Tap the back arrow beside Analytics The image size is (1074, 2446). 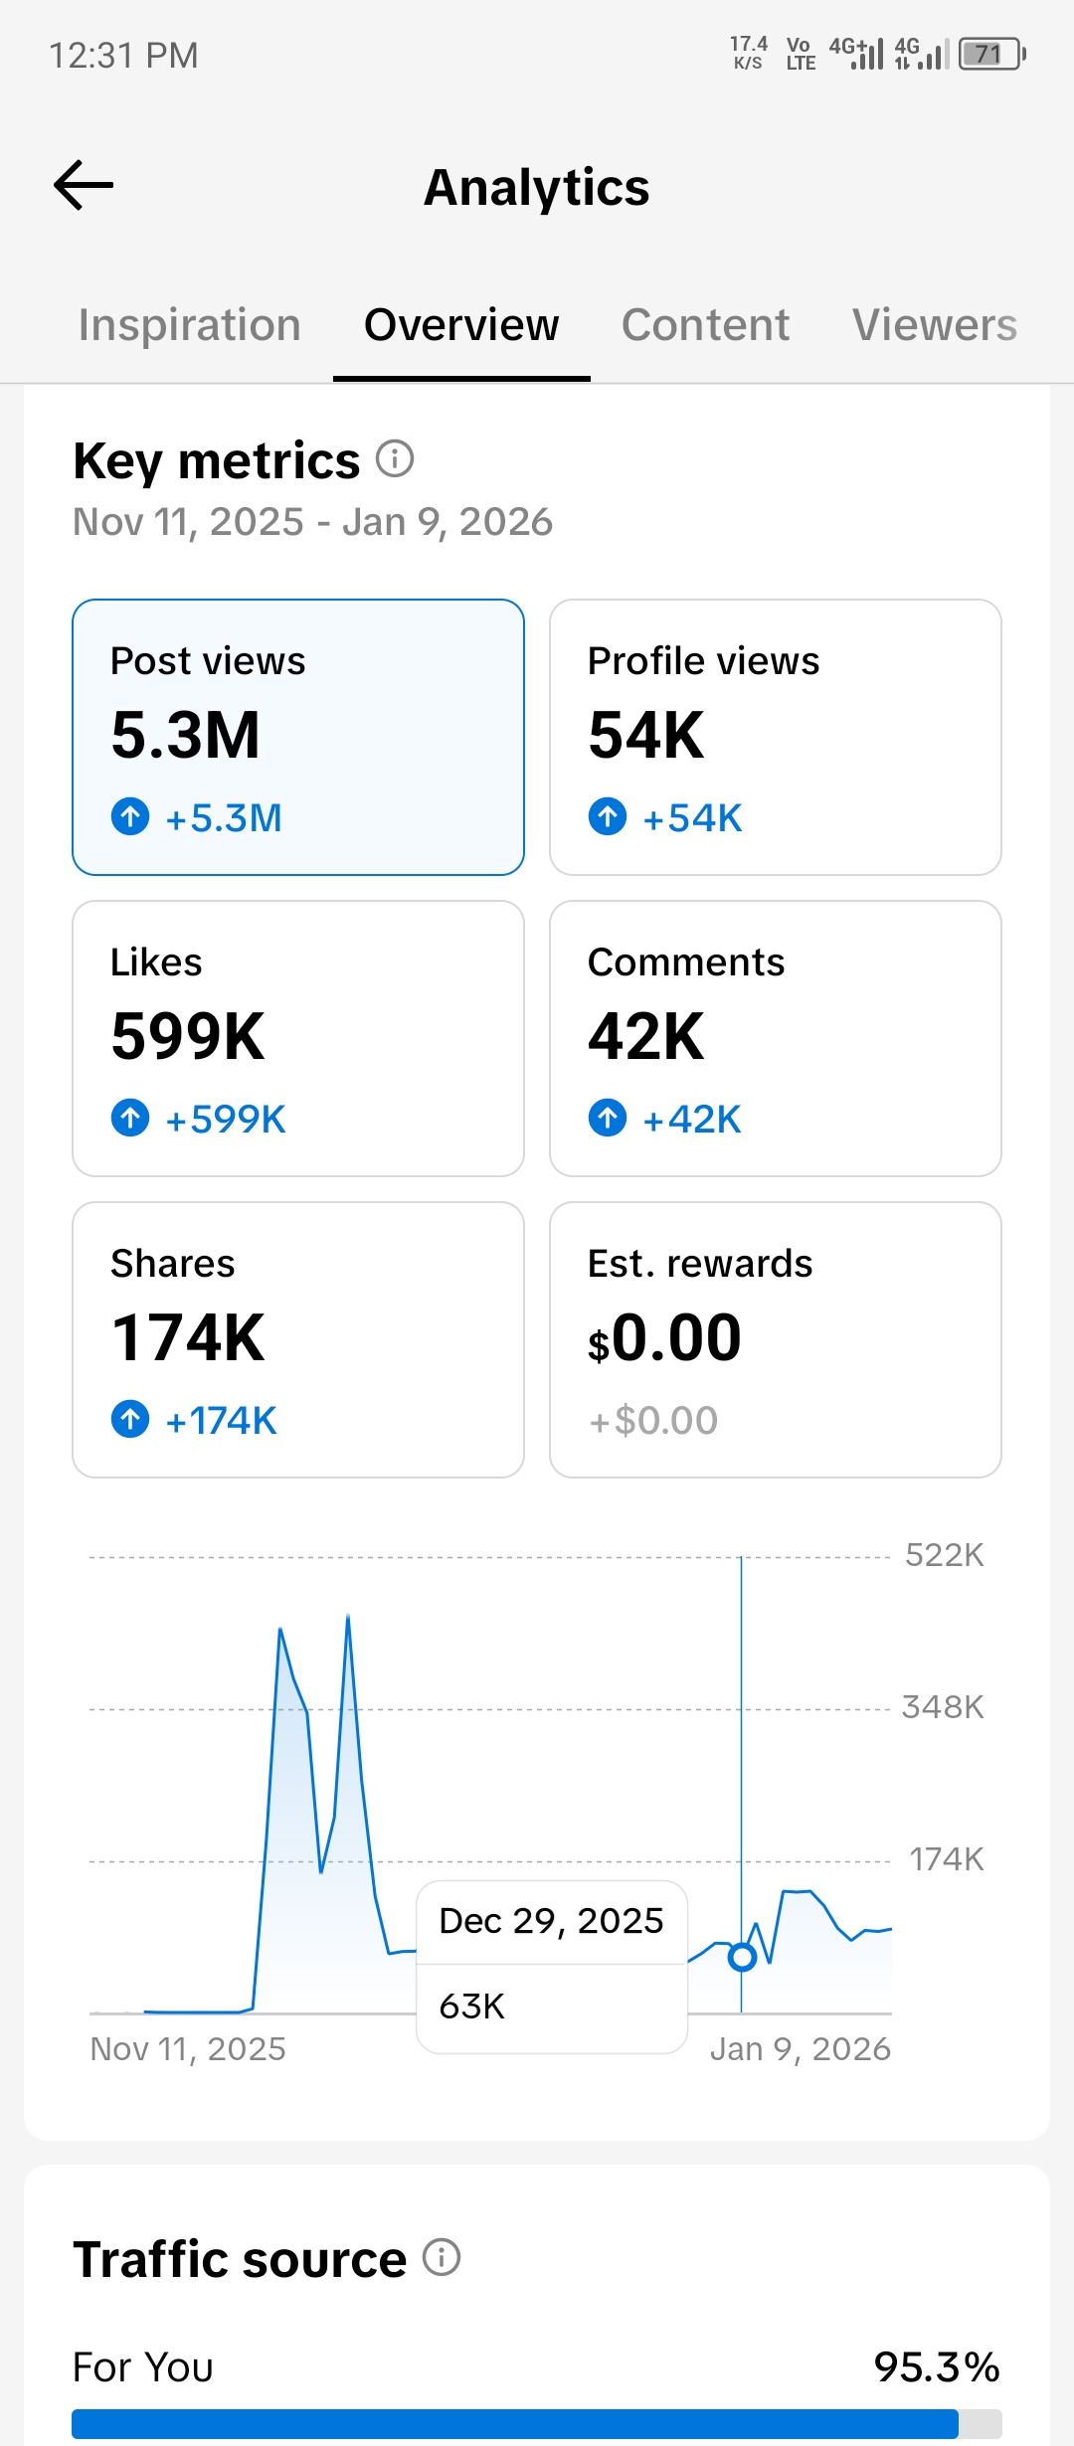point(84,186)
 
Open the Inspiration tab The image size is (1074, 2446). point(189,325)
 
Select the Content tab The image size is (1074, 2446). point(705,325)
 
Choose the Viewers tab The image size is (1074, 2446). point(934,325)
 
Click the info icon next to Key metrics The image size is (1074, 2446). point(395,459)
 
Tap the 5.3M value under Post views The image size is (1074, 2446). point(186,736)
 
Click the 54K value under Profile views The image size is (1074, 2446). point(646,736)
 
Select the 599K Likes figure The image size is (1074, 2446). point(188,1037)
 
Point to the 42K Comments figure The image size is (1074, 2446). point(646,1037)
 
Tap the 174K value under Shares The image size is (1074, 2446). point(188,1338)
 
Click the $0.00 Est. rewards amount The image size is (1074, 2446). point(664,1338)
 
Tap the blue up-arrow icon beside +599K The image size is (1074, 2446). point(130,1118)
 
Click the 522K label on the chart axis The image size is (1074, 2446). point(944,1555)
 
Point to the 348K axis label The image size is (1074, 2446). point(942,1707)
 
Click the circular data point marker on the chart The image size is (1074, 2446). point(742,1957)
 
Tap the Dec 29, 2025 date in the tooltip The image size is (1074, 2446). point(551,1921)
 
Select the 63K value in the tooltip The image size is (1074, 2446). point(472,2007)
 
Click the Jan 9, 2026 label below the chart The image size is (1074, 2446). point(800,2049)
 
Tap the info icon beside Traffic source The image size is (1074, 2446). point(442,2257)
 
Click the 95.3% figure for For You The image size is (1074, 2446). point(936,2367)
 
